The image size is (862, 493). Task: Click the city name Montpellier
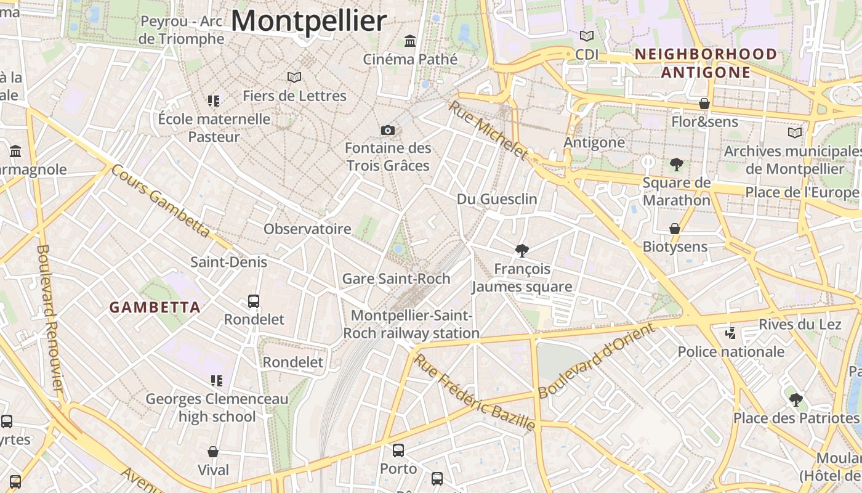308,21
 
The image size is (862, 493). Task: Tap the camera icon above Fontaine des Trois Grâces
387,130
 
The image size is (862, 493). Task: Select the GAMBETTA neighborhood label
155,307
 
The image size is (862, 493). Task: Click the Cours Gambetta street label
161,201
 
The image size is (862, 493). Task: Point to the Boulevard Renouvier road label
50,318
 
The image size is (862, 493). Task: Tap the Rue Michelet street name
488,130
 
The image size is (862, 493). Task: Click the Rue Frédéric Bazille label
473,391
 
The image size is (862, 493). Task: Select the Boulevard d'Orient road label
597,361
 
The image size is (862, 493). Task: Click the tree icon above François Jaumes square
522,250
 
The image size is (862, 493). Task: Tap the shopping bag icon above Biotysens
675,229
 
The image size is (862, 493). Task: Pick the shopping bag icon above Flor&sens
704,104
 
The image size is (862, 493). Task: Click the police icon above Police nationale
731,333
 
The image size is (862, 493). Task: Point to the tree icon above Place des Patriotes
796,399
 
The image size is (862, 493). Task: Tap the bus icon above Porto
398,450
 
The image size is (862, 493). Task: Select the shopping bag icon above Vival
213,452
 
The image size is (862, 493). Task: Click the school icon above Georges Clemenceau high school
216,381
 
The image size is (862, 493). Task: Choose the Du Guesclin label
497,199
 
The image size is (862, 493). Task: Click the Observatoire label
307,229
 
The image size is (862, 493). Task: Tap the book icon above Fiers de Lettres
294,77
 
